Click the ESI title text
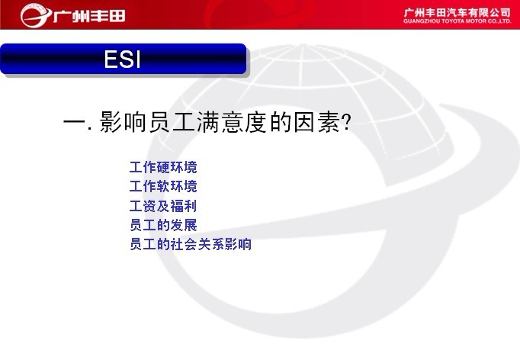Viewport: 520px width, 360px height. tap(122, 59)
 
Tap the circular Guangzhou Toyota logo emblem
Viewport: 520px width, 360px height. tap(36, 15)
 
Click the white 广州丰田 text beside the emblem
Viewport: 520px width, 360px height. tap(89, 16)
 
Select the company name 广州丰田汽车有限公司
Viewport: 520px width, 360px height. tap(457, 13)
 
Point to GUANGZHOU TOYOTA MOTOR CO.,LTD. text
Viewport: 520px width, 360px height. tap(457, 21)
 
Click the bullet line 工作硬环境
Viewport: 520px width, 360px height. tap(163, 167)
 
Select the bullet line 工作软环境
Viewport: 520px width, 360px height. tap(163, 186)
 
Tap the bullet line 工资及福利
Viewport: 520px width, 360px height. tap(163, 206)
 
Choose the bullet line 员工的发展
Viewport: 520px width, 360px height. tap(163, 225)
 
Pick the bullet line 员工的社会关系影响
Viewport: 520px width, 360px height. tap(191, 244)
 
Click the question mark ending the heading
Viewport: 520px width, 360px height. tap(346, 123)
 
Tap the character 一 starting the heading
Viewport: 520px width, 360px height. tap(74, 122)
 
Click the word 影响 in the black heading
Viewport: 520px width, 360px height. tap(123, 122)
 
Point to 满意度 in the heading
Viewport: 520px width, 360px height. tap(233, 122)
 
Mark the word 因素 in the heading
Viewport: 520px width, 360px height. tap(317, 122)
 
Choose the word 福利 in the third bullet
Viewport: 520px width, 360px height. tap(184, 206)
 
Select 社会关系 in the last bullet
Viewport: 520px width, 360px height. tap(197, 244)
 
